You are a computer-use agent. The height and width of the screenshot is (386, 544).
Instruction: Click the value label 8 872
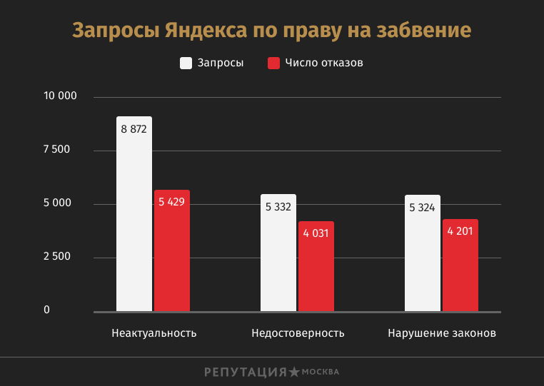click(134, 129)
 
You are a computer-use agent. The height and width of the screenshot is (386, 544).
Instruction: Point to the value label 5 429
click(172, 202)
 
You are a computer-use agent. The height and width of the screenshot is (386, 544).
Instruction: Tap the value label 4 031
click(316, 233)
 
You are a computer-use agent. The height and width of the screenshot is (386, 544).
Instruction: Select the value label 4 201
click(460, 231)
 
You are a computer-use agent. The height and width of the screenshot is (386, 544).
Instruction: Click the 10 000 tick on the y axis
click(60, 96)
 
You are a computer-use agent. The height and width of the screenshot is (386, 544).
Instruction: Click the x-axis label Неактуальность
click(154, 333)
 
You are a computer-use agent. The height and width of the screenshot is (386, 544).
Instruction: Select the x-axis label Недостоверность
click(298, 333)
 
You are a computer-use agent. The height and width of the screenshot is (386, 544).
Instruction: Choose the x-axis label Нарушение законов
click(442, 333)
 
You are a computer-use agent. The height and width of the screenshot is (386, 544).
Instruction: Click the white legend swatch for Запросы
click(186, 63)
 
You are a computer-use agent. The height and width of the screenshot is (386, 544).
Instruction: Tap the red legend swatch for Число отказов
click(273, 63)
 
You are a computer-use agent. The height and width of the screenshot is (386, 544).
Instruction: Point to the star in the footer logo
click(293, 372)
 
